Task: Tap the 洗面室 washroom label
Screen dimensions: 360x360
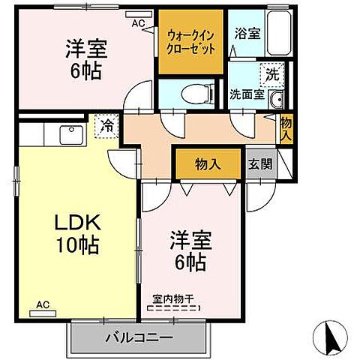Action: [247, 95]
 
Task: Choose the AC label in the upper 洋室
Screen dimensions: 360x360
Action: [138, 23]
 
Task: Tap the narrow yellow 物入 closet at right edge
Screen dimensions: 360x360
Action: [286, 129]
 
